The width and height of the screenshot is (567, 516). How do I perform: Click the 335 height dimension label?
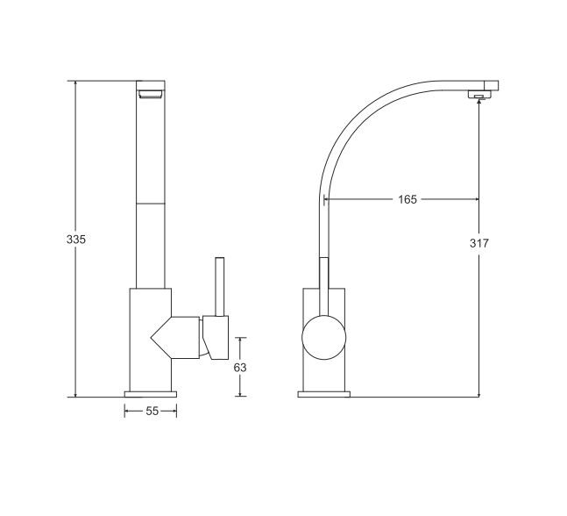coord(76,240)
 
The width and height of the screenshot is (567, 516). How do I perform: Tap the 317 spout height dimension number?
coord(479,243)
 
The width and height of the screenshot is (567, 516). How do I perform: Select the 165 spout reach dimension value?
coord(408,199)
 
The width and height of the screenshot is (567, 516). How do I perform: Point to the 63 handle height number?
coord(240,368)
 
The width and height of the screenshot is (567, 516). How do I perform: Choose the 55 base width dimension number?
coord(152,411)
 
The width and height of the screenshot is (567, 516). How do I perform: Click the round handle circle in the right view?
coord(324,338)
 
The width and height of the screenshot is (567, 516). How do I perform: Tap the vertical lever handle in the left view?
coord(219,287)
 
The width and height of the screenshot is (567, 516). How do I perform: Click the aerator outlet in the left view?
coord(150,94)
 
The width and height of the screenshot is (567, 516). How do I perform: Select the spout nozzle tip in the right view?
coord(479,95)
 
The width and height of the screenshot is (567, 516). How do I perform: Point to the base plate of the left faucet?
coord(151,394)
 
